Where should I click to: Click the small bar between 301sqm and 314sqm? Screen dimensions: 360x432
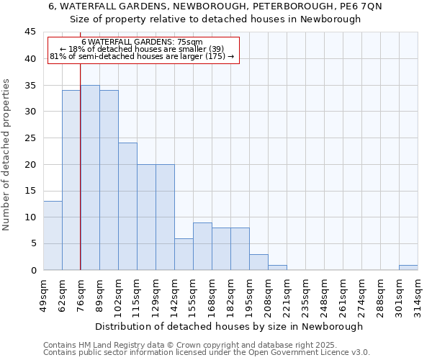[x=408, y=267]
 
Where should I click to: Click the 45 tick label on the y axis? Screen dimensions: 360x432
[x=30, y=32]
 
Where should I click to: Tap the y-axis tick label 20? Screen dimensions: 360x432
[x=30, y=164]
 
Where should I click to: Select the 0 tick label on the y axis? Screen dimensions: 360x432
[x=32, y=270]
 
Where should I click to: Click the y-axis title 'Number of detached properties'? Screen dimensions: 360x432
[x=6, y=155]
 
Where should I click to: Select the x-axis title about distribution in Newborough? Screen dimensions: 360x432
[x=229, y=326]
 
